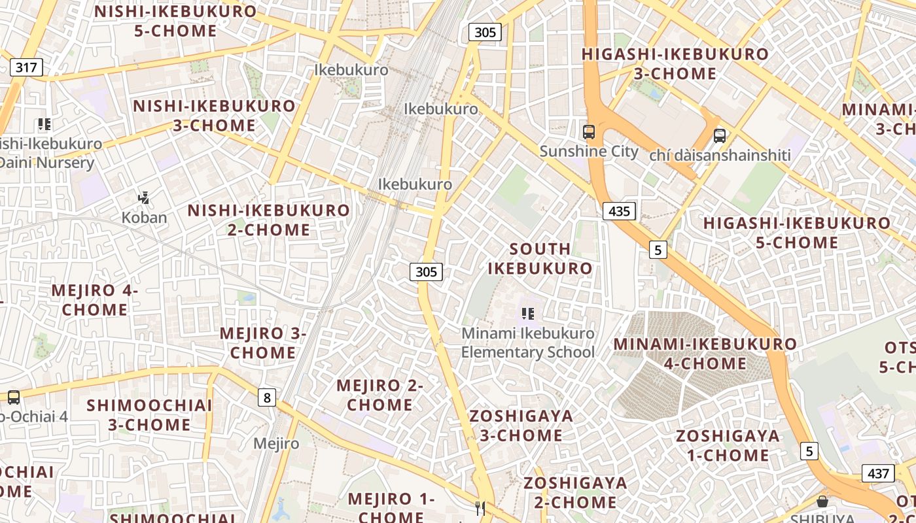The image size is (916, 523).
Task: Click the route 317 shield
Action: click(26, 67)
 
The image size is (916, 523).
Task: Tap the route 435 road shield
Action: click(618, 211)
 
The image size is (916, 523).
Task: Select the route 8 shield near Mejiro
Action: click(266, 397)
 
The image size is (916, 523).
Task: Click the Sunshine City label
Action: click(589, 152)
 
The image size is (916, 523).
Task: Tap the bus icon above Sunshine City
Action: click(589, 132)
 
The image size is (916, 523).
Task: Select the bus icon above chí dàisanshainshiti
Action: click(720, 136)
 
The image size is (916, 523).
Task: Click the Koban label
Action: click(144, 218)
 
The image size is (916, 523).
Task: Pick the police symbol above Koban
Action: click(144, 197)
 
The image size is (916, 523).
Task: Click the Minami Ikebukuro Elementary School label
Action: click(528, 343)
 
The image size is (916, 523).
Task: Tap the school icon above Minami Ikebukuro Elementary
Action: click(528, 314)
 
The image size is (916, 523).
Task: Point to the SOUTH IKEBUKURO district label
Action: click(540, 259)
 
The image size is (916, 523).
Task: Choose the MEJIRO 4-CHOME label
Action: click(95, 300)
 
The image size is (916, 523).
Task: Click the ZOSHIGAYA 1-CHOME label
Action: click(728, 445)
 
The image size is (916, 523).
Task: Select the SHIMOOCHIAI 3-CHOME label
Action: click(149, 415)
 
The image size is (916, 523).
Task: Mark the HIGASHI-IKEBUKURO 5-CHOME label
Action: click(796, 233)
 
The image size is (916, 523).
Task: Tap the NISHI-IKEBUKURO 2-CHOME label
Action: click(269, 220)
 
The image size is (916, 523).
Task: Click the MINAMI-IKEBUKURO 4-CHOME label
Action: click(705, 354)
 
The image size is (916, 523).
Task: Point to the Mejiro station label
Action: click(276, 444)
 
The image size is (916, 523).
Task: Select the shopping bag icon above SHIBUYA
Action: click(822, 501)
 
